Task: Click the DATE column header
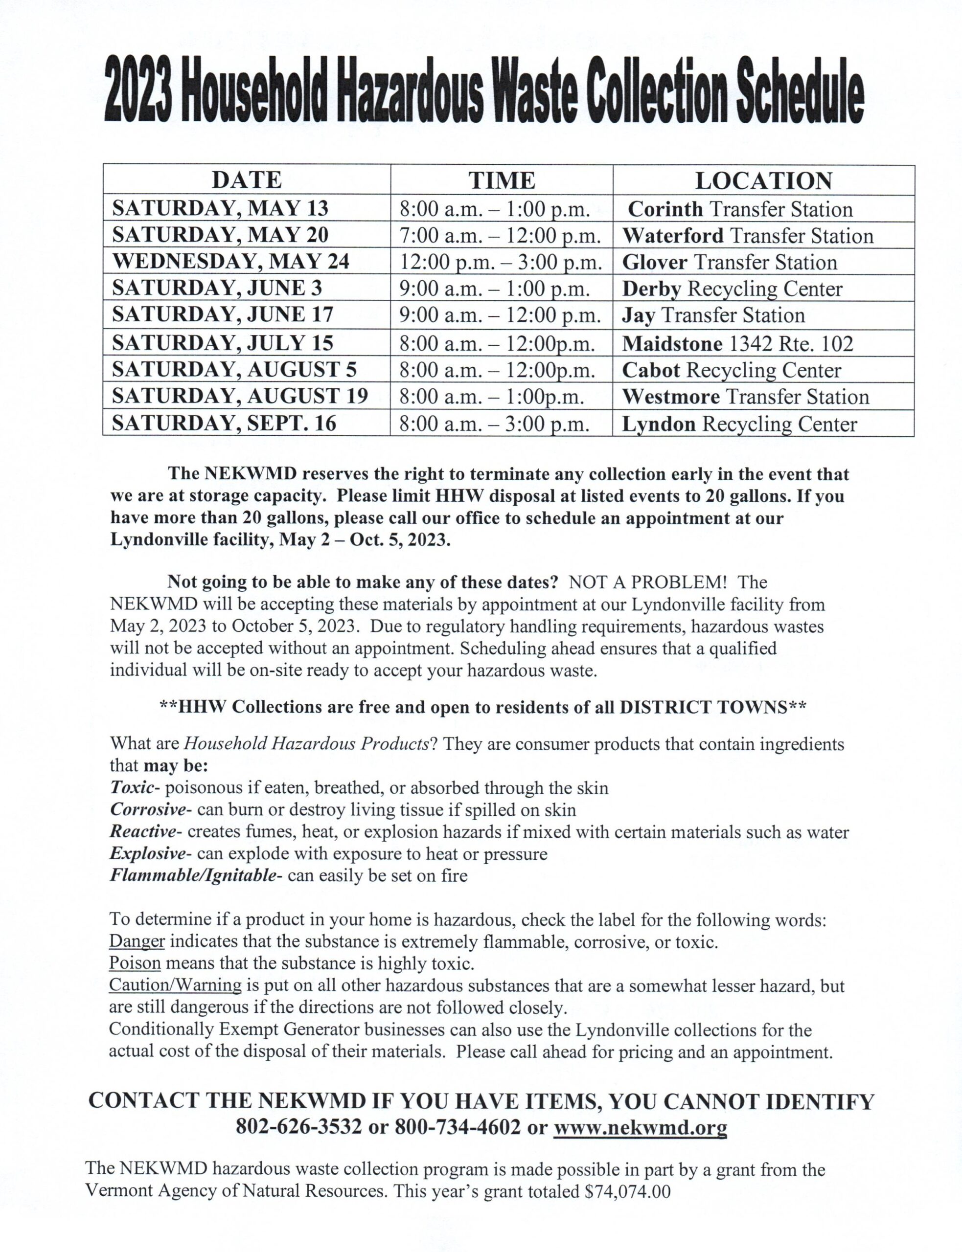[x=246, y=180]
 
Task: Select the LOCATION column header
[x=763, y=181]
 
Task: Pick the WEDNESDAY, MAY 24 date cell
[x=231, y=262]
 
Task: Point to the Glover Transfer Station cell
[x=730, y=262]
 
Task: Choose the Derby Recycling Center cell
[x=732, y=289]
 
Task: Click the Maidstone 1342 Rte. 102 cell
[x=737, y=343]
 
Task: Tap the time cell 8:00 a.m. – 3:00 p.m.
[x=494, y=424]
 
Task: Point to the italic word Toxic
[x=132, y=788]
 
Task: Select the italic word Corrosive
[x=148, y=810]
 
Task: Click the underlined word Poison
[x=135, y=963]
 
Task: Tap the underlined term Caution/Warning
[x=175, y=985]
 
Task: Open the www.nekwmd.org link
[x=640, y=1127]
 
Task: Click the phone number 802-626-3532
[x=298, y=1127]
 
